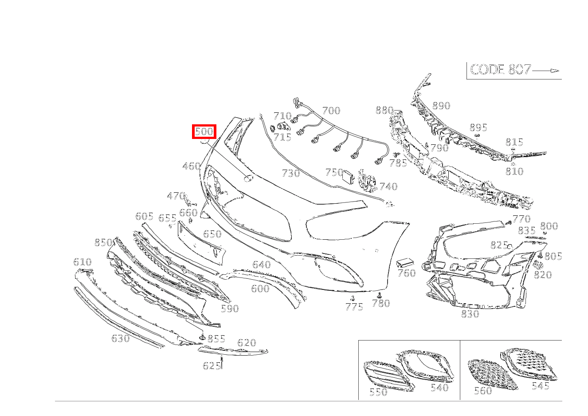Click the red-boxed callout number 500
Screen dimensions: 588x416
coord(204,131)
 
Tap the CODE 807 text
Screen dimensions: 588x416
coord(500,70)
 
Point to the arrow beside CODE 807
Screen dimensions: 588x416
coord(545,71)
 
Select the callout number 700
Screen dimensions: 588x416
coord(331,111)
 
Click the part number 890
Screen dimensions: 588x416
coord(441,106)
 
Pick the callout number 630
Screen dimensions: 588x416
coord(121,338)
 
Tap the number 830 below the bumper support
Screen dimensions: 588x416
coord(470,314)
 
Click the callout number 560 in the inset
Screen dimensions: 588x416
coord(483,391)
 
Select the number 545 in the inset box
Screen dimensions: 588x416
coord(541,386)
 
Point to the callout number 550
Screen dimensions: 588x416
coord(378,392)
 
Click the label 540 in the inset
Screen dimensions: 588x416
coord(440,388)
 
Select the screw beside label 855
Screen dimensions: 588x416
coord(202,337)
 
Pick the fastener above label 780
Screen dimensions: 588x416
coord(379,295)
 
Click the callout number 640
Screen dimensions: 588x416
coord(262,264)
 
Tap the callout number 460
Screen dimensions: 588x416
coord(192,166)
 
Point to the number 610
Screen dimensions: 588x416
coord(82,262)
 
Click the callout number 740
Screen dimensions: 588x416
coord(388,186)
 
